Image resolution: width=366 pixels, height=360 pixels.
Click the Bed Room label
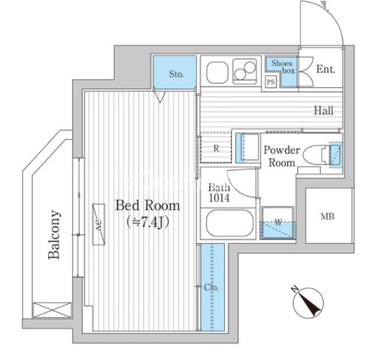[x=148, y=206]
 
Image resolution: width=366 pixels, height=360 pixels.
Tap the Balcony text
[x=54, y=234]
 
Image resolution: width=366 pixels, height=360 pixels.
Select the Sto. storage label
[x=176, y=74]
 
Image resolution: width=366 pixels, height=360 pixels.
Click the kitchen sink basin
[x=217, y=72]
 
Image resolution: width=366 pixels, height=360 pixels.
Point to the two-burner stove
[x=245, y=70]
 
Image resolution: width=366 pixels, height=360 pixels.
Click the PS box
[x=271, y=81]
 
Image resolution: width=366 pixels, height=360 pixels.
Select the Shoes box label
[x=283, y=67]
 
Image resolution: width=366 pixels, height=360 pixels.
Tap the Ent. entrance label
[x=325, y=69]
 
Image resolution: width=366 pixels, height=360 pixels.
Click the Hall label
[x=324, y=111]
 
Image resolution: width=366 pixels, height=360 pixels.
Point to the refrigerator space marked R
[x=216, y=148]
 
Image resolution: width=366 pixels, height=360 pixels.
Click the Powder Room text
[x=282, y=156]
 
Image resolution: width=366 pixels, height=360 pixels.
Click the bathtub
[x=230, y=223]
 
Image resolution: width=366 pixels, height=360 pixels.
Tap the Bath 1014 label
[x=219, y=193]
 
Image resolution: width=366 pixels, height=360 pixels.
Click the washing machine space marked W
[x=278, y=223]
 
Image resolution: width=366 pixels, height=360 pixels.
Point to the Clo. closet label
[x=211, y=288]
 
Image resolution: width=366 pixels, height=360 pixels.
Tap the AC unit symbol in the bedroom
[x=98, y=224]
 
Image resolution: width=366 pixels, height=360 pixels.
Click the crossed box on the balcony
[x=52, y=310]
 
